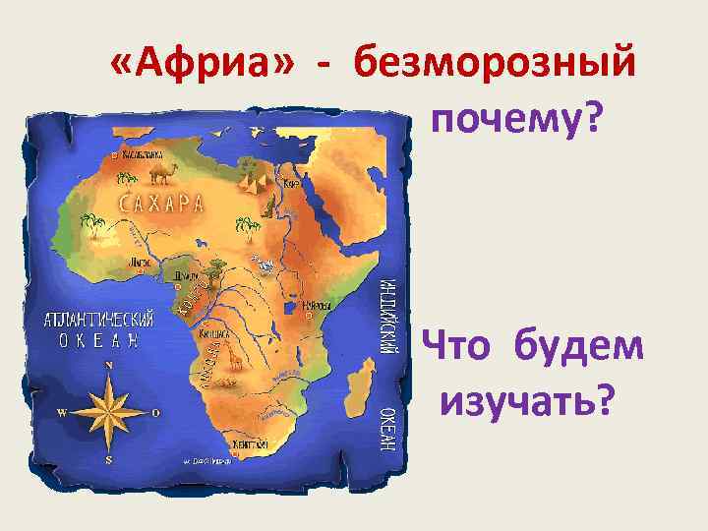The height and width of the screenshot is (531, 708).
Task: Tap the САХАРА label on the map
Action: click(x=162, y=205)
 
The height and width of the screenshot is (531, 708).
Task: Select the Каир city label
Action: click(x=291, y=184)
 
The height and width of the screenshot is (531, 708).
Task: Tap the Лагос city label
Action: click(x=142, y=264)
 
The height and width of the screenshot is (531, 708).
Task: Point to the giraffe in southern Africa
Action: click(x=234, y=361)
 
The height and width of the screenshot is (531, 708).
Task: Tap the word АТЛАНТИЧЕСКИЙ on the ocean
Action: click(x=98, y=321)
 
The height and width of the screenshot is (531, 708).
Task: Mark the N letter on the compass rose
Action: click(x=108, y=365)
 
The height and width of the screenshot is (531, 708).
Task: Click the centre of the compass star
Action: click(x=108, y=412)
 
